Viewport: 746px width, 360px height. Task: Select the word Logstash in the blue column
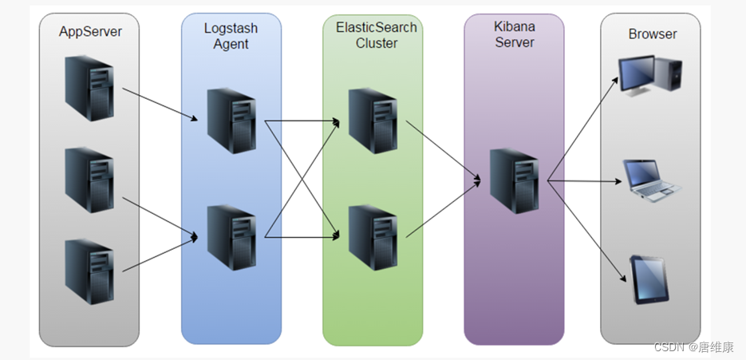pyautogui.click(x=231, y=29)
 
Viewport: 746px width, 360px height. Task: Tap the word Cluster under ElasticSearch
pyautogui.click(x=377, y=43)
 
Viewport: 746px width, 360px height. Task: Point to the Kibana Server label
pyautogui.click(x=515, y=34)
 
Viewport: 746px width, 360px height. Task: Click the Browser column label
pyautogui.click(x=652, y=34)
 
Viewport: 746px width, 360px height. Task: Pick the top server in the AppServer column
pyautogui.click(x=89, y=87)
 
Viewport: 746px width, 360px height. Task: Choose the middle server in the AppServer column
pyautogui.click(x=89, y=179)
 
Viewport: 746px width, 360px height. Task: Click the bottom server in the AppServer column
pyautogui.click(x=89, y=271)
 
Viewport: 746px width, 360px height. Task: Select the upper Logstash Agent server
pyautogui.click(x=231, y=121)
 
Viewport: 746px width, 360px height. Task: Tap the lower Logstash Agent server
pyautogui.click(x=231, y=237)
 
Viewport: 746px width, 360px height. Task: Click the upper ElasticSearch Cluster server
pyautogui.click(x=373, y=121)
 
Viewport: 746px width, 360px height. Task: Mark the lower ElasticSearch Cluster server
pyautogui.click(x=373, y=237)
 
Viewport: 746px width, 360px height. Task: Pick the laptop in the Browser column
pyautogui.click(x=652, y=180)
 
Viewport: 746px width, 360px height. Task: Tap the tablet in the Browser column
pyautogui.click(x=649, y=279)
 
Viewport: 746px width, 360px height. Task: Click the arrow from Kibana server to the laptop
pyautogui.click(x=586, y=181)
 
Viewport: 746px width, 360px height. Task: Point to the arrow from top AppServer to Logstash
pyautogui.click(x=160, y=104)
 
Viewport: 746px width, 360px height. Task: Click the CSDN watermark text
pyautogui.click(x=693, y=347)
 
